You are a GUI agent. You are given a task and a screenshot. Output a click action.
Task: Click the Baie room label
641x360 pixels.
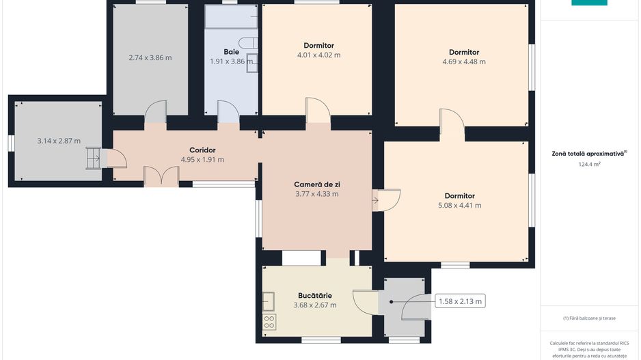point(232,52)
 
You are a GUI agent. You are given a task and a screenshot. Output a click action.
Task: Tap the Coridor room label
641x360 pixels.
point(202,150)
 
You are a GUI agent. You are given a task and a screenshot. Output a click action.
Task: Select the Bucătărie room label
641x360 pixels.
point(315,295)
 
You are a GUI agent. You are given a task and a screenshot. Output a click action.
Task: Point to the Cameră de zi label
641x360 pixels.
point(317,184)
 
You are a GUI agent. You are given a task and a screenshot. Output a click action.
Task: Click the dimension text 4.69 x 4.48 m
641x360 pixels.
point(464,61)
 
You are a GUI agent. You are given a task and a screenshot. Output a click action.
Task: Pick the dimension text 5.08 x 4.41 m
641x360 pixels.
point(459,206)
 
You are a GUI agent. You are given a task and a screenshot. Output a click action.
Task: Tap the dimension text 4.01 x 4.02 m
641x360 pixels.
point(319,55)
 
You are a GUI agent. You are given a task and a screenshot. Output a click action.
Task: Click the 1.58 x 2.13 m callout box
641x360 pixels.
point(460,301)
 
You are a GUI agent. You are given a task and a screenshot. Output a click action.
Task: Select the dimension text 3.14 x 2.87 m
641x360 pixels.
point(59,141)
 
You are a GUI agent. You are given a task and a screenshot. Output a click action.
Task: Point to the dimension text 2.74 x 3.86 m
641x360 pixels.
point(150,57)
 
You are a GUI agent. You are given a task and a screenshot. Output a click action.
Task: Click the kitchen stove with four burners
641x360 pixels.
point(269,322)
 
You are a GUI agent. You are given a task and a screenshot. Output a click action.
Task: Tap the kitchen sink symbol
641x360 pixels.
point(268,302)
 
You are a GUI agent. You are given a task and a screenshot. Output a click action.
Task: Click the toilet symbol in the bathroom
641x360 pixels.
point(248,43)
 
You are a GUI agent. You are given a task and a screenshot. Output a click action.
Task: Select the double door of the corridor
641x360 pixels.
point(161,176)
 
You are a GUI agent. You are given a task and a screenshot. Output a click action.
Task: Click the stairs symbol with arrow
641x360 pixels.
point(93,158)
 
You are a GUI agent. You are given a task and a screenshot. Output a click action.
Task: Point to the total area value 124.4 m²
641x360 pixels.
point(589,164)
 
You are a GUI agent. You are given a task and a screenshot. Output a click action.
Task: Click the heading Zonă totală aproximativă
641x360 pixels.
point(588,154)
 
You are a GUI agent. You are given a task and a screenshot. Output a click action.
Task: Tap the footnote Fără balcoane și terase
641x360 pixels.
point(589,318)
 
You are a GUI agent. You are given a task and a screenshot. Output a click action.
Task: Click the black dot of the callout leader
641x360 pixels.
point(391,302)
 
